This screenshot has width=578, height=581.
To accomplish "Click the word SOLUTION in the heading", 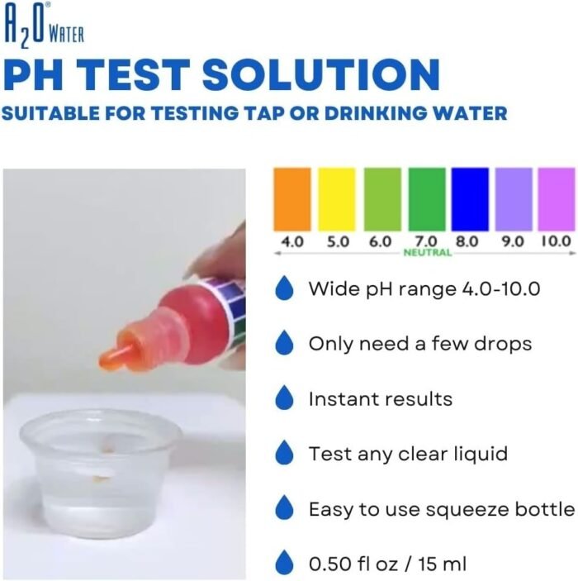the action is (321, 75).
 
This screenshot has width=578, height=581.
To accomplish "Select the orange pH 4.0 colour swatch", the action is (292, 199).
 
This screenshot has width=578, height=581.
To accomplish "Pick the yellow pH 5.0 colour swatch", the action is (337, 199).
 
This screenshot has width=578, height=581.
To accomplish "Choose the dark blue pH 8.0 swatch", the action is (470, 199).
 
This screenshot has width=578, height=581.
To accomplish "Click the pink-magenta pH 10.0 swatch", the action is (557, 199).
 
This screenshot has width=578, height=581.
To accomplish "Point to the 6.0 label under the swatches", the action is (381, 241).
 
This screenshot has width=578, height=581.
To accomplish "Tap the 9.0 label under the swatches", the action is (513, 241).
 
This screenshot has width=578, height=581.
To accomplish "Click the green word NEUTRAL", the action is (428, 253).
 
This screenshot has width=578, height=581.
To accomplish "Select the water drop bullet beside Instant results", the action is (284, 398).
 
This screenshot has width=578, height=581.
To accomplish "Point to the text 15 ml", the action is (442, 564).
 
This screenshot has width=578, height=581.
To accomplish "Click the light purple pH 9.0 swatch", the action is (514, 199).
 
